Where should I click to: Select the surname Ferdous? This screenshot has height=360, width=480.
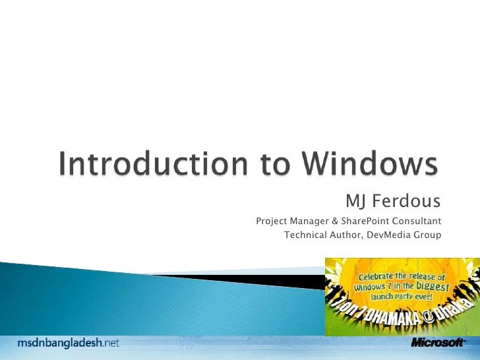(407, 200)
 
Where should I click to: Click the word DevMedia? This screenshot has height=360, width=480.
(388, 234)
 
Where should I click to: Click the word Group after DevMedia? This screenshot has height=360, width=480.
(428, 234)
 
